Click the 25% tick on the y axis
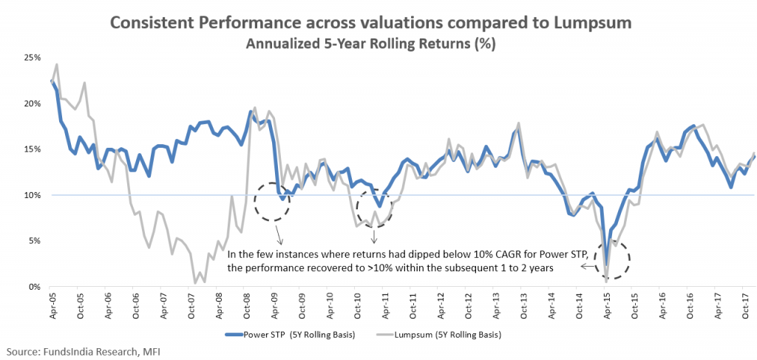tap(32, 57)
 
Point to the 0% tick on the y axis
tap(34, 286)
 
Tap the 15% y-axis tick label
tap(32, 149)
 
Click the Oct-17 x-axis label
tap(736, 305)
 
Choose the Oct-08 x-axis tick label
tap(246, 305)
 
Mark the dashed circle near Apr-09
tap(272, 201)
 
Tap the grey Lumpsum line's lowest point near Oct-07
tap(195, 283)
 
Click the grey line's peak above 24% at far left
tap(57, 64)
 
